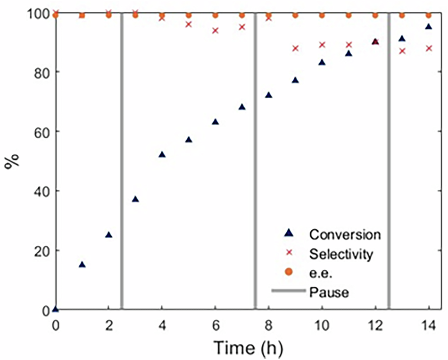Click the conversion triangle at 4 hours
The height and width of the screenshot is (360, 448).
tap(162, 154)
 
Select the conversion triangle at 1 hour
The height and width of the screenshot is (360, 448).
tap(82, 264)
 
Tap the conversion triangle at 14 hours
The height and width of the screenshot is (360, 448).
tap(429, 26)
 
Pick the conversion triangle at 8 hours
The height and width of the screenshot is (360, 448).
tap(269, 95)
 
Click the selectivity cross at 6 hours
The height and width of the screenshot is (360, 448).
tap(216, 31)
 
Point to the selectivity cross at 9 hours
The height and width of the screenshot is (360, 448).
tap(296, 48)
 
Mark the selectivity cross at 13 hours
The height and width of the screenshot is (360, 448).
tap(402, 51)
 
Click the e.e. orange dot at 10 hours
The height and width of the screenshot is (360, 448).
tap(322, 15)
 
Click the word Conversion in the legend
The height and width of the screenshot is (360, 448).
tap(345, 234)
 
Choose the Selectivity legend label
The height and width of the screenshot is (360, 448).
tap(341, 254)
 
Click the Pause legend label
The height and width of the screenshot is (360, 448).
tap(329, 293)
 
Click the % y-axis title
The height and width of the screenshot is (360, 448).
tap(11, 163)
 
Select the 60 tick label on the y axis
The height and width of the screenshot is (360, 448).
tap(39, 131)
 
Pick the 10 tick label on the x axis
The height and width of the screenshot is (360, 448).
tap(322, 326)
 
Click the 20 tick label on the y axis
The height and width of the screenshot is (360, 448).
tap(39, 251)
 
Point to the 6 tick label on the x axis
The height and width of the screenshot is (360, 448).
tap(216, 326)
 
